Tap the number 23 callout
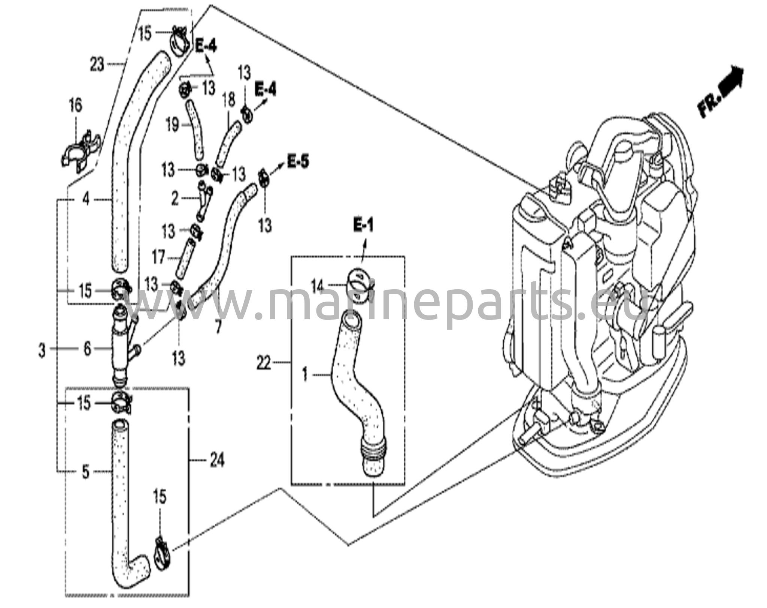[97, 65]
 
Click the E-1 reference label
[363, 226]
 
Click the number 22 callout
[264, 363]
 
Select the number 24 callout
[217, 460]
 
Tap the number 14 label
[317, 287]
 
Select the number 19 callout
[172, 125]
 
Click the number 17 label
[159, 257]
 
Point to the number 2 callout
[175, 199]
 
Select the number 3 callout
[42, 351]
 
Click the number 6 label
[87, 349]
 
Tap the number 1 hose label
[305, 374]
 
